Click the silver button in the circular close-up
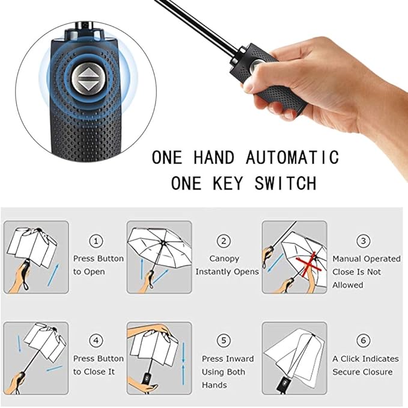point(85,78)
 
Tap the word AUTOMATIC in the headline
point(292,157)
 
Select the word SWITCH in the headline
point(285,183)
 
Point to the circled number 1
point(96,241)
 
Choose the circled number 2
point(224,241)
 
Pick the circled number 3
point(364,241)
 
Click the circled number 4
point(96,340)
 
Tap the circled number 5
point(224,340)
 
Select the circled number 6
point(364,340)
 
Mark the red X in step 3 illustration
point(309,264)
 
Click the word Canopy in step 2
point(224,259)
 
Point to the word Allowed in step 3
point(348,285)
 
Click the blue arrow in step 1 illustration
point(53,275)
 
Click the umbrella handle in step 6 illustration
point(282,383)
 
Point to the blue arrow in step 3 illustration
point(276,263)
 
